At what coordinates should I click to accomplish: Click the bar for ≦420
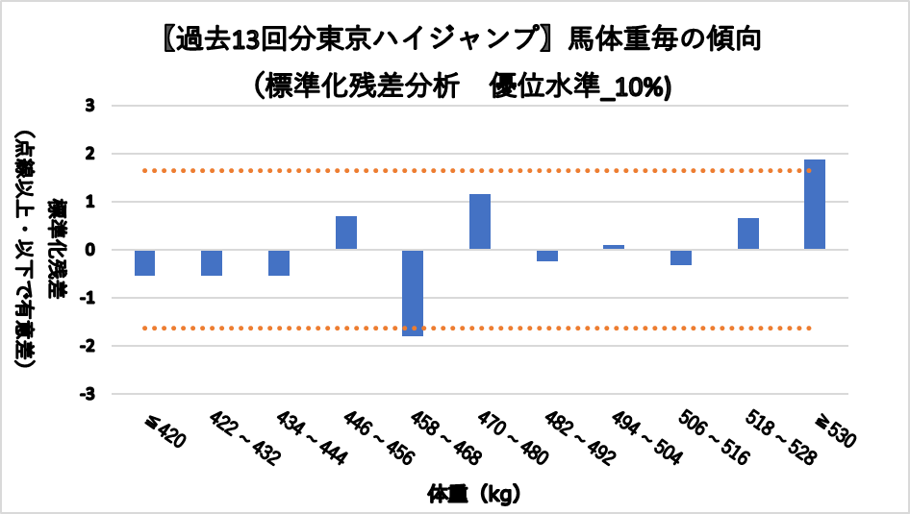click(145, 262)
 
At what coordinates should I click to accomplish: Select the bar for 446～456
click(346, 233)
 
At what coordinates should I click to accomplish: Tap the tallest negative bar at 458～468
click(413, 293)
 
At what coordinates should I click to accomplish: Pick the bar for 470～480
click(480, 222)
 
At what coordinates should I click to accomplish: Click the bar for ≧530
click(815, 205)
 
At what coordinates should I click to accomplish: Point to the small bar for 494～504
click(614, 247)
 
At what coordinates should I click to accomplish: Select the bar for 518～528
click(748, 234)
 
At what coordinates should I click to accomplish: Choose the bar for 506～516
click(681, 257)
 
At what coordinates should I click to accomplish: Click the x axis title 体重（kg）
click(474, 495)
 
